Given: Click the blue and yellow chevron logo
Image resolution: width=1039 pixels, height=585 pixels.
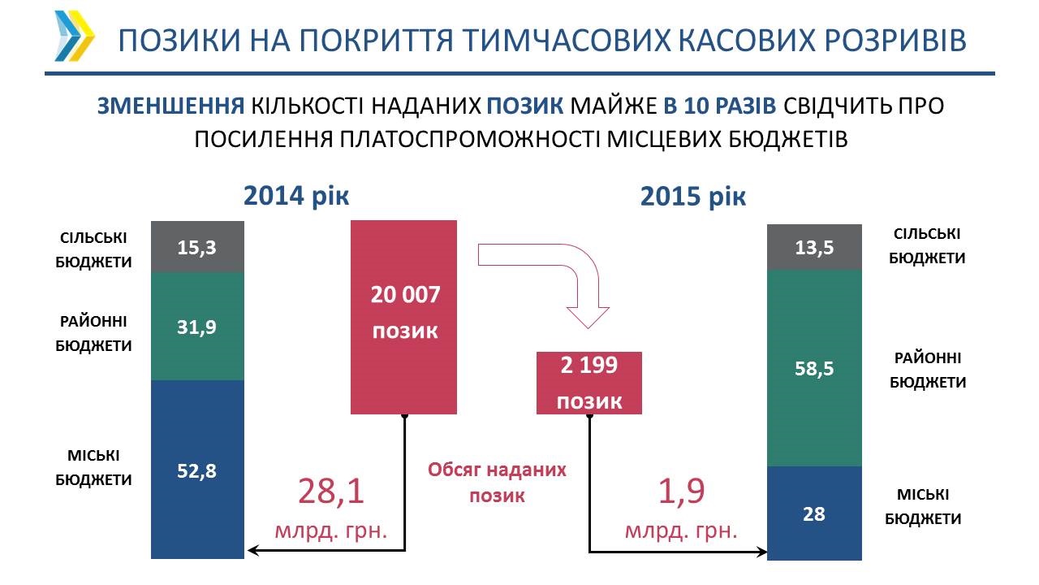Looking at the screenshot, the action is coord(74,37).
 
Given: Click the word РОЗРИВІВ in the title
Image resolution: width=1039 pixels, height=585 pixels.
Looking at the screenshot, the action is coord(895,40).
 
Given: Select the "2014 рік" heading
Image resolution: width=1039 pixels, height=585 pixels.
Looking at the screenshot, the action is coord(296,196).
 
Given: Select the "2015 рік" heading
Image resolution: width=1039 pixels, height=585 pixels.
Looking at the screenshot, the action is coord(693,197).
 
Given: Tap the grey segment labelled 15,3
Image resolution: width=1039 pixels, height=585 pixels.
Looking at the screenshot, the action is coord(197,246).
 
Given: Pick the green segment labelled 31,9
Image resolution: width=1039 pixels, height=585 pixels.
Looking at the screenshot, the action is coord(197,326).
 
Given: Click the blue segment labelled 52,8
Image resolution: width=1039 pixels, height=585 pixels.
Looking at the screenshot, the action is coord(197,470).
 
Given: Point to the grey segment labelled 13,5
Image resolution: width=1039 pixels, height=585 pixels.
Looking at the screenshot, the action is coord(814,247).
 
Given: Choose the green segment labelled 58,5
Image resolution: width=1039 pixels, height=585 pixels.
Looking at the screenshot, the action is coord(814,368).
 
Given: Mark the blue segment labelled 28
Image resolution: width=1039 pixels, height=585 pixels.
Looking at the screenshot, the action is coord(814,513).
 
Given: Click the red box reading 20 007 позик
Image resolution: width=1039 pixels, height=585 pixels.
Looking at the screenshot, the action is coord(403,317).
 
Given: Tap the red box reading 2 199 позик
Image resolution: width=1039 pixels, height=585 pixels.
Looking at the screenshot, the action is coord(589,383).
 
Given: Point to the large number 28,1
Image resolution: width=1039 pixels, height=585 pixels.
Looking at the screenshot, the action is coord(330,492).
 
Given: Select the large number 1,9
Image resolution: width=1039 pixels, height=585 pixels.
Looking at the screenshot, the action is coord(681,492).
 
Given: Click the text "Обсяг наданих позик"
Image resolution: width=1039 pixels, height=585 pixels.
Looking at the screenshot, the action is coord(497,483).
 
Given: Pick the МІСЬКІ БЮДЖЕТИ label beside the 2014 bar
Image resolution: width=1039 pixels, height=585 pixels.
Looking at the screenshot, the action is coord(93,467).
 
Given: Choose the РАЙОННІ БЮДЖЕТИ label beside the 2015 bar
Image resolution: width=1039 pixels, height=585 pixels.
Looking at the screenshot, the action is coord(928,370).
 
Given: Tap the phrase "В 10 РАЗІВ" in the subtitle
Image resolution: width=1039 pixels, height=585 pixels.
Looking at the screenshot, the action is coord(719,106).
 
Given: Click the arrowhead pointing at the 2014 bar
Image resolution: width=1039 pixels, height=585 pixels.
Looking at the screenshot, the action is coord(253,551).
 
